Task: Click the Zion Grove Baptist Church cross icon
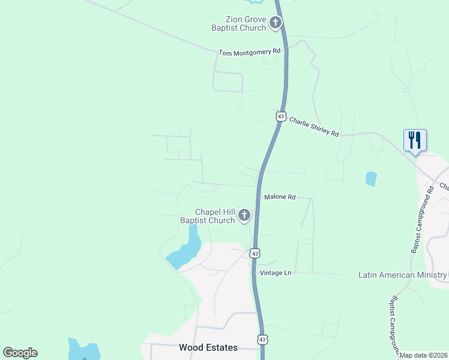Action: coord(276,23)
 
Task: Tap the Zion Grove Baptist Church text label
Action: coord(238,23)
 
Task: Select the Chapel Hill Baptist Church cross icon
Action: coord(244,215)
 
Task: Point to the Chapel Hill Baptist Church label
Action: coord(208,216)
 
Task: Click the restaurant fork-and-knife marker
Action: coord(415,140)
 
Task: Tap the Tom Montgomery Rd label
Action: coord(249,52)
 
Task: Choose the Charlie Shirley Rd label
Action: coord(314,126)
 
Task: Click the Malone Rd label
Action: coord(280,197)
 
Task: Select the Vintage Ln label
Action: coord(276,273)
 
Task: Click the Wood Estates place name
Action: coord(208,347)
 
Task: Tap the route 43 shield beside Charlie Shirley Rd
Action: coord(280,116)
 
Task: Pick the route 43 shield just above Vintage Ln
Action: coord(255,254)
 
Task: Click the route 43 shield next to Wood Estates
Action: coord(262,339)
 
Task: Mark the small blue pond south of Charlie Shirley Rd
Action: coord(371,178)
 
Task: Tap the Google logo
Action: coord(20,353)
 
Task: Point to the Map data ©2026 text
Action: coord(423,355)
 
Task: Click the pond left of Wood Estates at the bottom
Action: coord(83,350)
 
